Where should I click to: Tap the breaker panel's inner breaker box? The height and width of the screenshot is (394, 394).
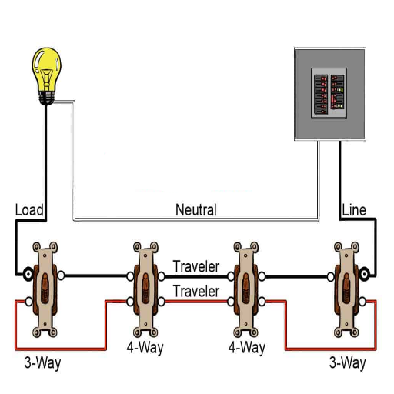(x=329, y=93)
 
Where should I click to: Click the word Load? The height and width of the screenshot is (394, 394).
(x=29, y=210)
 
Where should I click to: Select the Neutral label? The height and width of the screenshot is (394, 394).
(x=196, y=209)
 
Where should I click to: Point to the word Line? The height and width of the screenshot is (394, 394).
(x=354, y=210)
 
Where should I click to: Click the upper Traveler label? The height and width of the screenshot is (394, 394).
(x=196, y=266)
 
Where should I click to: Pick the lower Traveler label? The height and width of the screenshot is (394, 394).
(x=196, y=291)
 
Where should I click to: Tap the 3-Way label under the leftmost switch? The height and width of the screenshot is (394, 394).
(x=43, y=363)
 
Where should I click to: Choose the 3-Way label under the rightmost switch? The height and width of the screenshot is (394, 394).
(x=348, y=363)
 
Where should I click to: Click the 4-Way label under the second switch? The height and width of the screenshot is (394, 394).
(x=145, y=348)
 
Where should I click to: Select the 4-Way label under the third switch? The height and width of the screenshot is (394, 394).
(x=247, y=348)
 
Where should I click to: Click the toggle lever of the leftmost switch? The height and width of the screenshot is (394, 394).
(x=45, y=288)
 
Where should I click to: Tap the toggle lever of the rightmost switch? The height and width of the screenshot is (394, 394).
(x=346, y=288)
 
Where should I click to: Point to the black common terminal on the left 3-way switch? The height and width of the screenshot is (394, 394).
(x=28, y=274)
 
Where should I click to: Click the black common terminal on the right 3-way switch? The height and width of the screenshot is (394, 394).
(x=364, y=274)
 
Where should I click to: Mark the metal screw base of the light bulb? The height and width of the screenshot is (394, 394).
(x=46, y=98)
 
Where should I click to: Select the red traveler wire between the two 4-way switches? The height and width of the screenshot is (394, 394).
(x=196, y=302)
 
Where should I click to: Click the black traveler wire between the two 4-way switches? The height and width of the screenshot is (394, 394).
(x=196, y=277)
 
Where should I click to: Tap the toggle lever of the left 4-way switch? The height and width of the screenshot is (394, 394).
(x=145, y=288)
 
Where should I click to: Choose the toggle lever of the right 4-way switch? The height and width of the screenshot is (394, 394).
(x=246, y=288)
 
